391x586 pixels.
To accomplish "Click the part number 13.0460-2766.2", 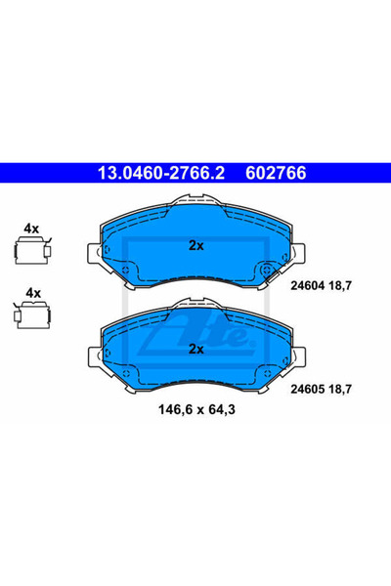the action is (x=161, y=173).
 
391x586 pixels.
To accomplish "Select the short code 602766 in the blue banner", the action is (x=276, y=173).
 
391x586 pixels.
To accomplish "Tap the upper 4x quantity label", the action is (x=31, y=229).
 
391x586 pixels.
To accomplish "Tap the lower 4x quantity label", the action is (x=33, y=293).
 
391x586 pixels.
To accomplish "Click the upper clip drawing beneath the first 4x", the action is (x=32, y=250).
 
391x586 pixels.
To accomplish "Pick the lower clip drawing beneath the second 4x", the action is (x=32, y=315).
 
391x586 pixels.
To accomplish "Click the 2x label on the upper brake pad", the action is (x=196, y=245).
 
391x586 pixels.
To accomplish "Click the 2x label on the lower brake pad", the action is (x=196, y=349).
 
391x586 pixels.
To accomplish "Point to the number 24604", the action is (x=307, y=286).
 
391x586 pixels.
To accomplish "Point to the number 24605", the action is (x=307, y=390).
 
